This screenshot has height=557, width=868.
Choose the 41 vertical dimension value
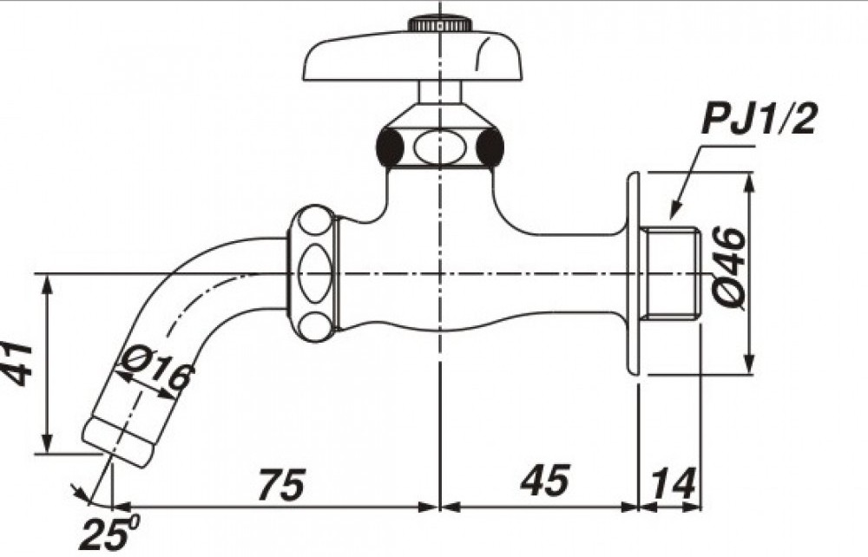(19, 363)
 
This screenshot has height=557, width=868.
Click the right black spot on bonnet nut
(491, 147)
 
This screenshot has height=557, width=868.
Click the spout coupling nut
(313, 272)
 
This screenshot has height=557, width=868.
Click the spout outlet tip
(120, 441)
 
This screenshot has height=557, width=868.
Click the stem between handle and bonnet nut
(441, 92)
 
